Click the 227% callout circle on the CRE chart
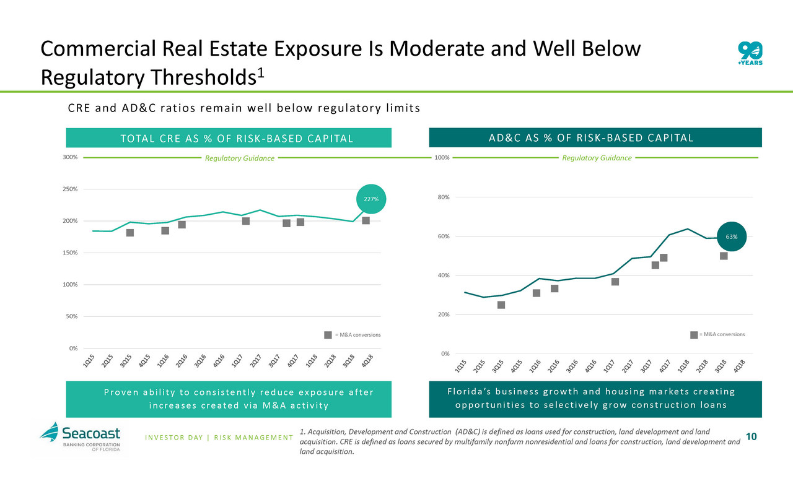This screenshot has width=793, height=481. pos(371,199)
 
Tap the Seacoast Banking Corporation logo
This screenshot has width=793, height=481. pos(81,437)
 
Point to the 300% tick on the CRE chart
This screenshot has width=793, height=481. pos(70,157)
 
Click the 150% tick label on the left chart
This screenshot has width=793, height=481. pos(70,253)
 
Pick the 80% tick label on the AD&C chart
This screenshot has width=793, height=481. pos(442,197)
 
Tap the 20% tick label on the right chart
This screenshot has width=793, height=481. pos(442,314)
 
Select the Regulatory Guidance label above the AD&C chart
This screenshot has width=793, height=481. pos(597,158)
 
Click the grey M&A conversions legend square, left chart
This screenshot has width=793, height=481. pos(328,335)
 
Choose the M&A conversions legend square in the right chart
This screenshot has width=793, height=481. pos(694,334)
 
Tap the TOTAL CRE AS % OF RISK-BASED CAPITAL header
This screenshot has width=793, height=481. pos(230,138)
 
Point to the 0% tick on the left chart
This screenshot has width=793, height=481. pos(72,348)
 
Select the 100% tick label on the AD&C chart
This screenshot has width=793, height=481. pos(441,158)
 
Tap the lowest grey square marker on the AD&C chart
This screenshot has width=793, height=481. pos(501,305)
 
